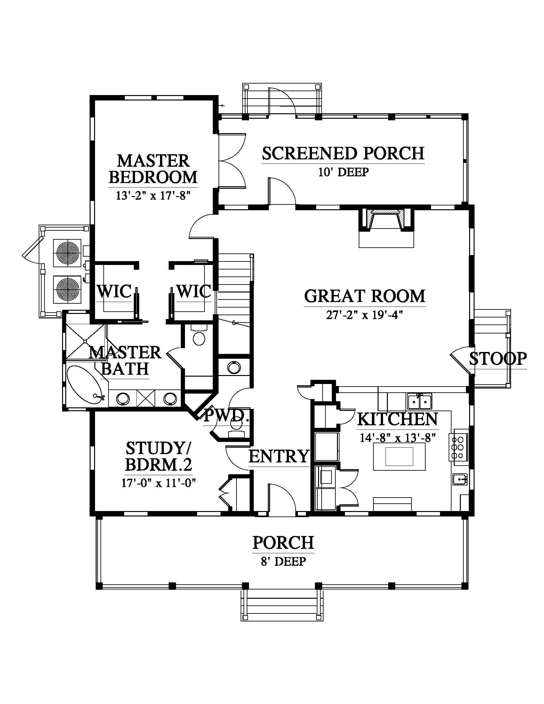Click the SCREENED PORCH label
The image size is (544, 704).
[343, 153]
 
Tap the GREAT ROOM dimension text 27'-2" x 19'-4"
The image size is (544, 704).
[365, 315]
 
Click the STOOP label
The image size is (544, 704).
[498, 359]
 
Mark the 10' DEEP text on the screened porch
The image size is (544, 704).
[344, 172]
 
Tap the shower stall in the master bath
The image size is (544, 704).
[85, 341]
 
